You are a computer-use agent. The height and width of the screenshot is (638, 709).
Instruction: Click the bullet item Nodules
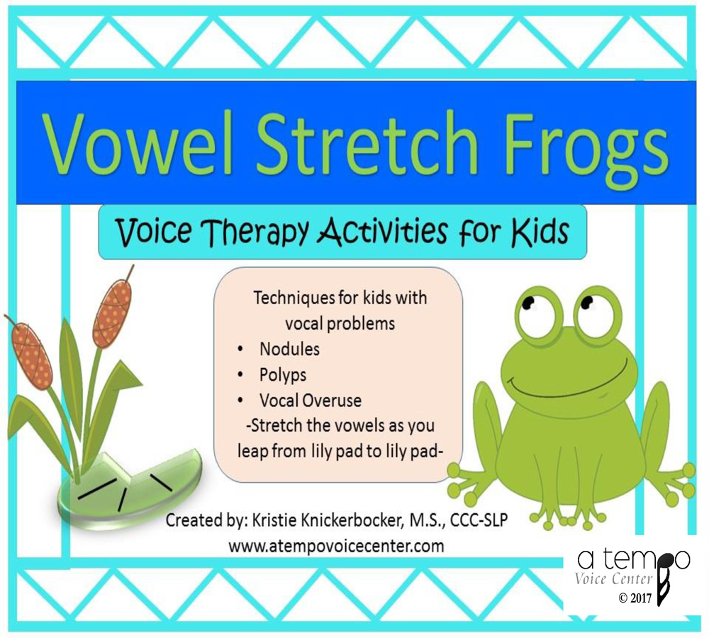pos(289,349)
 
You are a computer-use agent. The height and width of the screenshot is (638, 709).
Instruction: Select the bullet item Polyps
pos(284,374)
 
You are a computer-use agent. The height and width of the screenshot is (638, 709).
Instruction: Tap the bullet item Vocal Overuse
pos(310,400)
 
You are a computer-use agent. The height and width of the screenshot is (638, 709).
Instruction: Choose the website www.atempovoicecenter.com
pos(336,546)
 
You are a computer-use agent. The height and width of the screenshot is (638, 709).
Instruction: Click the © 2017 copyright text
pos(635,598)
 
